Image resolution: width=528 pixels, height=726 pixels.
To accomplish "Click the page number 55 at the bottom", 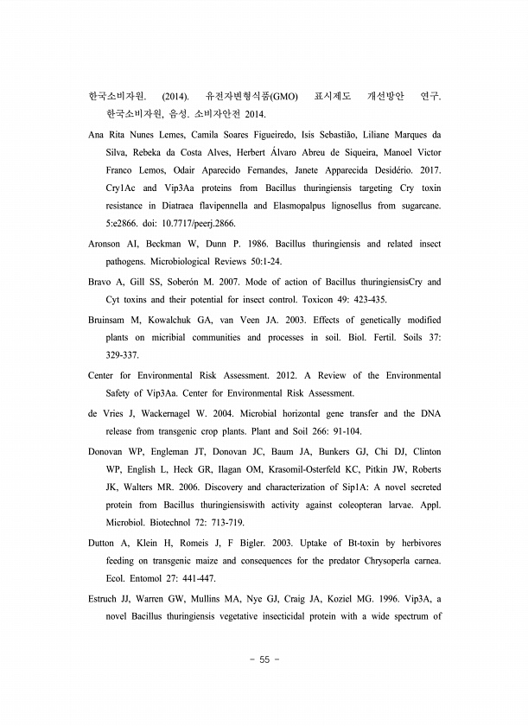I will (264, 659).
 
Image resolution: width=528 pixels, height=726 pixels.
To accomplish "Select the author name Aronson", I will (108, 244).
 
